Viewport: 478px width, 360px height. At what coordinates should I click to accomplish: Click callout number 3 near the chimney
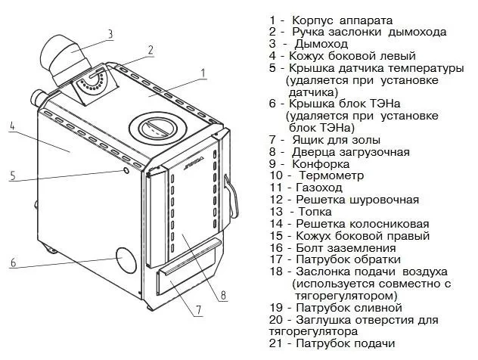tap(110, 33)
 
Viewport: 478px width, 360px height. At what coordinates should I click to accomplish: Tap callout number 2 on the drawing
tap(151, 50)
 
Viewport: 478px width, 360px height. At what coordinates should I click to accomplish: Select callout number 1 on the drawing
tap(203, 73)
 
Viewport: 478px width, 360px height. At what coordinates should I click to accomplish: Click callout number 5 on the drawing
tap(13, 175)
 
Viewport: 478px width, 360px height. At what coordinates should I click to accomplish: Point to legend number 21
tap(275, 344)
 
